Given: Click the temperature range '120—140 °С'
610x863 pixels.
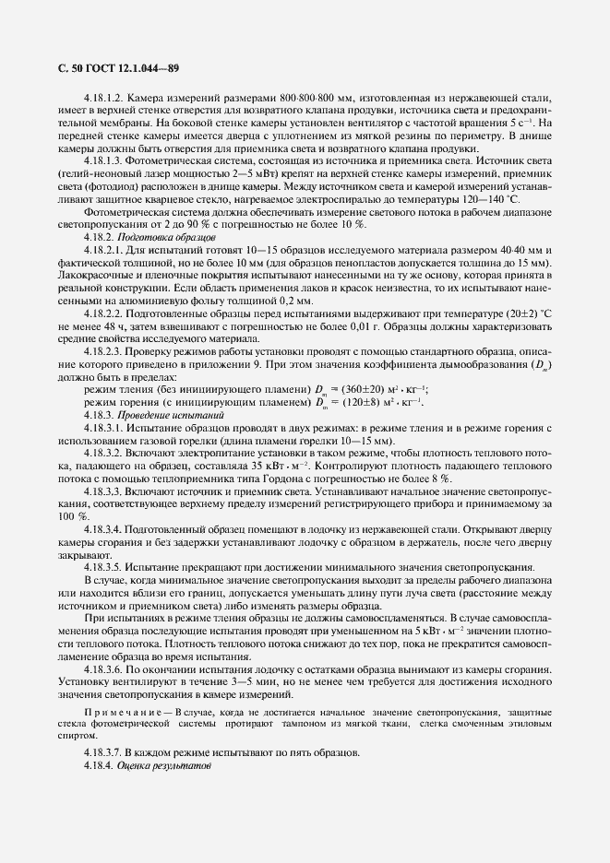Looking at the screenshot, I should (x=489, y=198).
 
